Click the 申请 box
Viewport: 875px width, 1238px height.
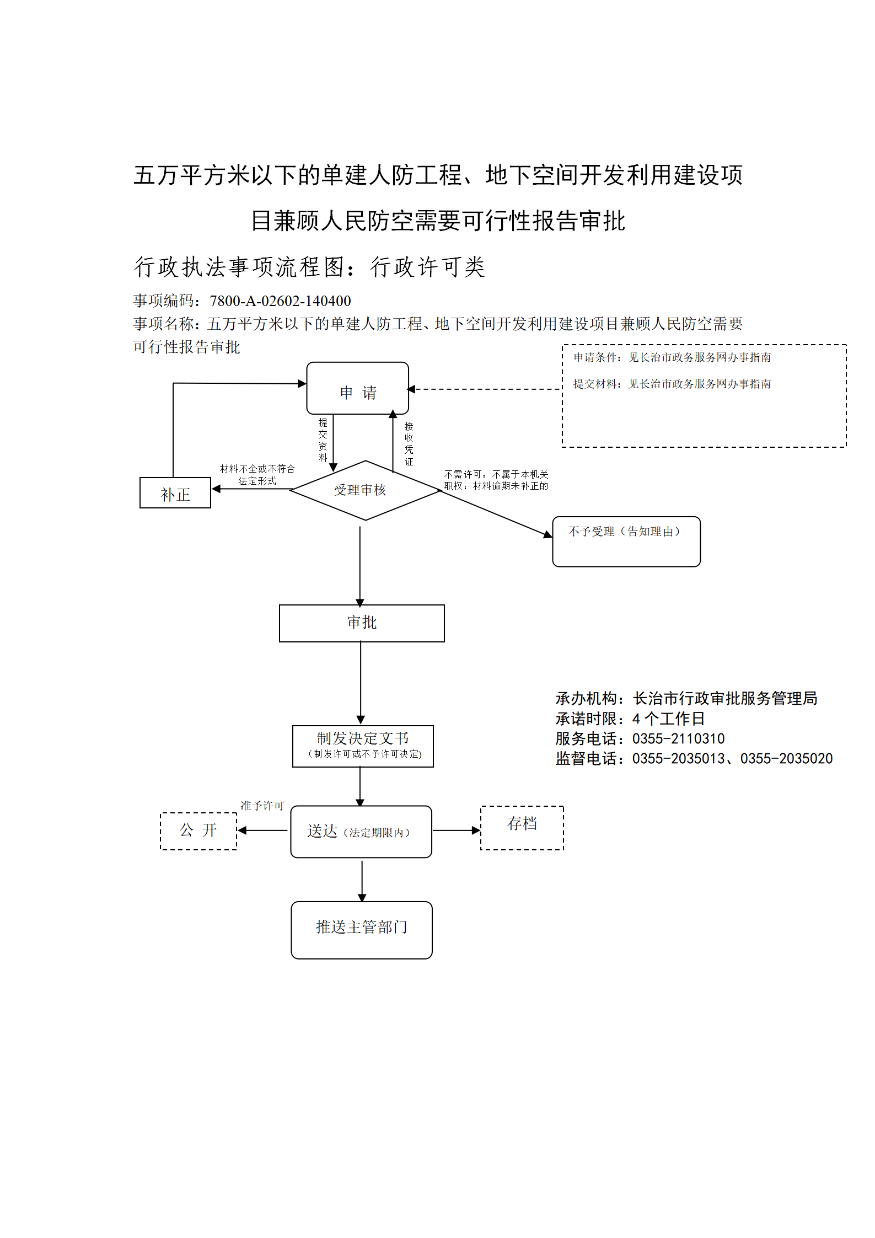[357, 388]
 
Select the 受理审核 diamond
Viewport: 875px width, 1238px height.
[365, 490]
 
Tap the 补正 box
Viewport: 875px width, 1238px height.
[175, 492]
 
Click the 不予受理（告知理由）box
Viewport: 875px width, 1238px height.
[626, 542]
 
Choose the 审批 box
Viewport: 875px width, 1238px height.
[362, 623]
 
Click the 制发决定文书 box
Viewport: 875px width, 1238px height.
[363, 746]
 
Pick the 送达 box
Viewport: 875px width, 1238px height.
[361, 832]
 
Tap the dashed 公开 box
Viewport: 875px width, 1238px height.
[198, 831]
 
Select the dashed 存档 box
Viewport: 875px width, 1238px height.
[522, 828]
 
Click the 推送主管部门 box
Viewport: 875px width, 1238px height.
[362, 930]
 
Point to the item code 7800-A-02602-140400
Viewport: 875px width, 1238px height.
[280, 301]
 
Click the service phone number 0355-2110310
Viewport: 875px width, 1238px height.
[678, 739]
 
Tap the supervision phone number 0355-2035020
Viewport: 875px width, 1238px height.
[786, 759]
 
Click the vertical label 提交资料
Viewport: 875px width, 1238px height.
[323, 440]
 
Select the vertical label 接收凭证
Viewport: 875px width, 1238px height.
[409, 444]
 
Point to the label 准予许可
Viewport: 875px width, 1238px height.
[262, 806]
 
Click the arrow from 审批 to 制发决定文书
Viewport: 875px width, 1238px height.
[361, 683]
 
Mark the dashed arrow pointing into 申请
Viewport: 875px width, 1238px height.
[484, 389]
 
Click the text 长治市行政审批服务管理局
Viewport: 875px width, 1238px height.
[725, 699]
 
